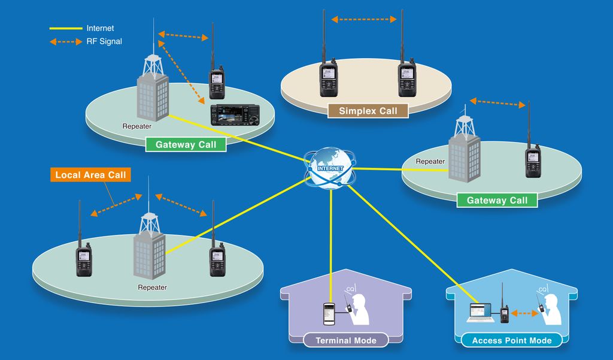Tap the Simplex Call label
click(368, 111)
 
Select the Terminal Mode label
click(346, 340)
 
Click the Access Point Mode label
click(512, 340)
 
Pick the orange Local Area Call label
click(90, 176)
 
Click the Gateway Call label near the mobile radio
click(186, 144)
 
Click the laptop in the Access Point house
click(480, 312)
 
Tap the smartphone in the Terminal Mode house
click(329, 314)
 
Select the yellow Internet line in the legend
click(65, 28)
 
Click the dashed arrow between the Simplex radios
click(363, 19)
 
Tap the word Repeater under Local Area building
click(152, 288)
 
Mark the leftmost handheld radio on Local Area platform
click(84, 259)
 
